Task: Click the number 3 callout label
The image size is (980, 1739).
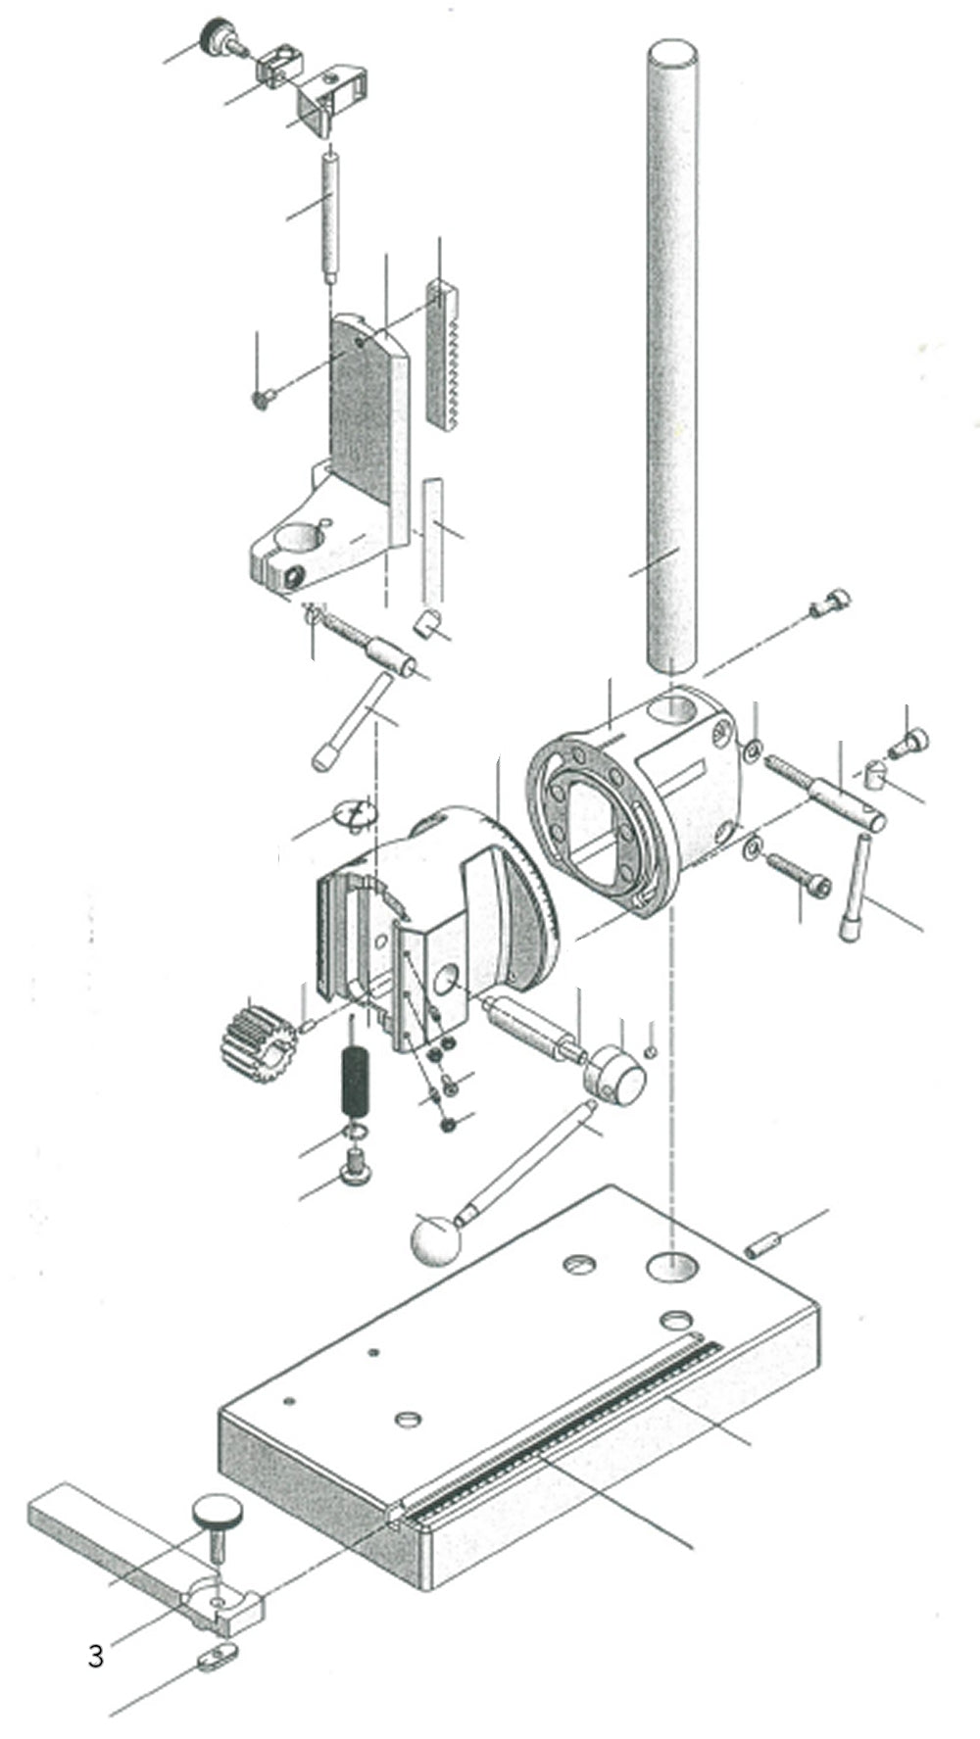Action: click(x=95, y=1656)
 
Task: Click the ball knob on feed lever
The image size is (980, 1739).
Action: click(x=434, y=1239)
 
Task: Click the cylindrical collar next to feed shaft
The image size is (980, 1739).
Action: click(x=614, y=1074)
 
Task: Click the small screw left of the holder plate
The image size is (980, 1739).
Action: click(x=263, y=398)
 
